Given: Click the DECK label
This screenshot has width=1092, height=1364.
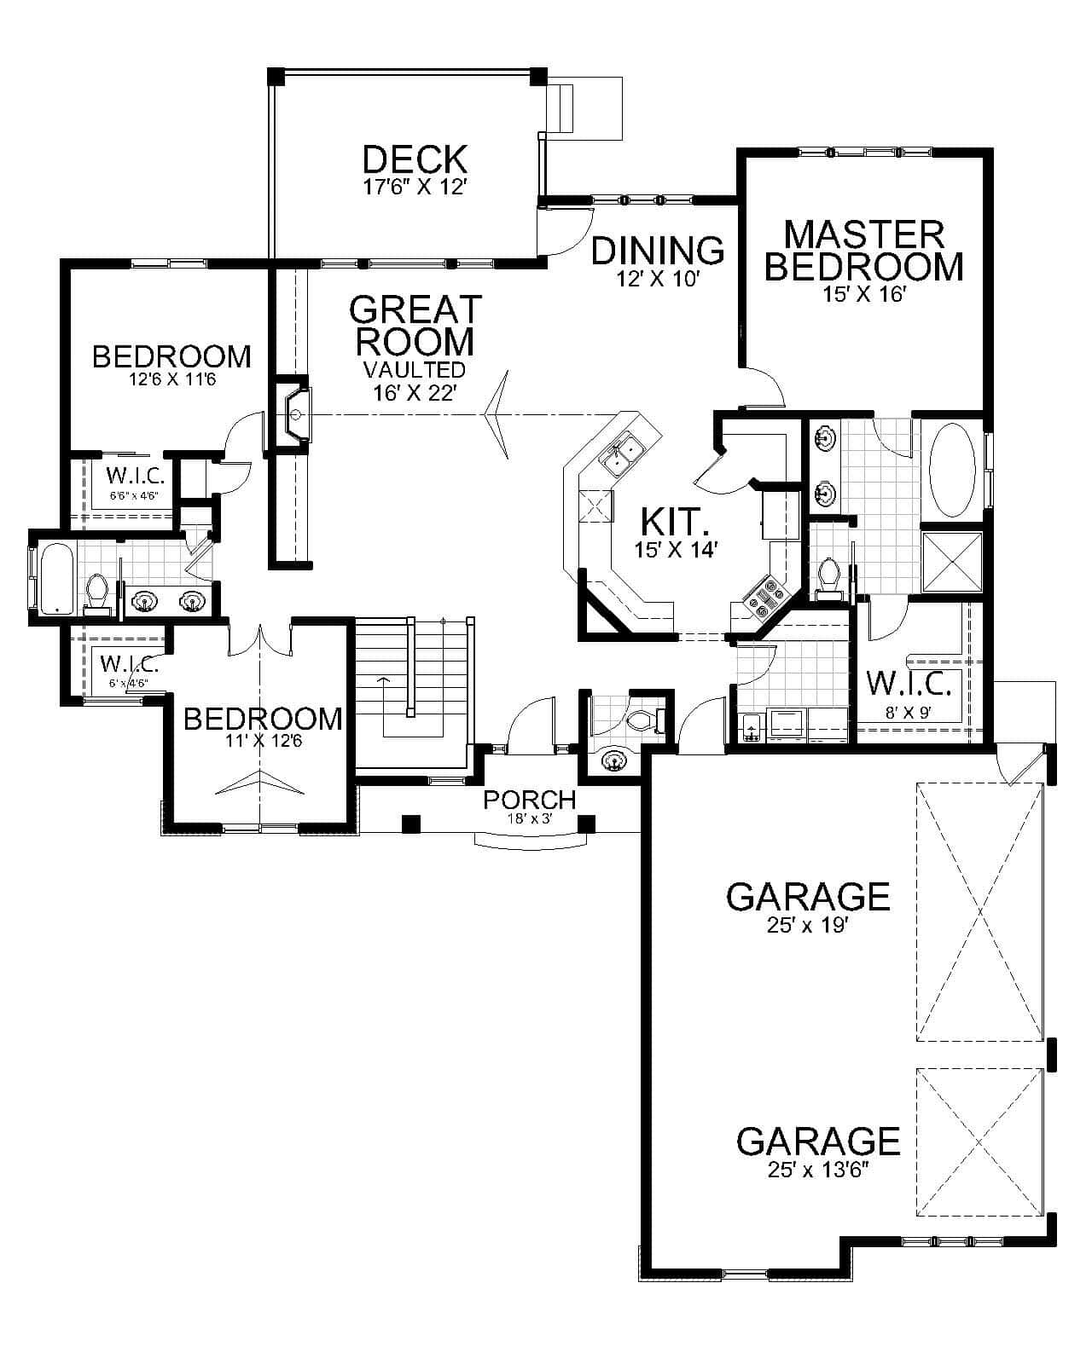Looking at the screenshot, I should pos(415,159).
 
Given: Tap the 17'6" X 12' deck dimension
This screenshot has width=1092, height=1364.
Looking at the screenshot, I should pos(415,187).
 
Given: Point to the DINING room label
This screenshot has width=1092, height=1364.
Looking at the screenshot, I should pos(658,251).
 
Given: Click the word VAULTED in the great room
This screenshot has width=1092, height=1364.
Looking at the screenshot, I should pos(415,370).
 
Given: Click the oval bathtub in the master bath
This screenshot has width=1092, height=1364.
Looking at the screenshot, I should pos(951,470).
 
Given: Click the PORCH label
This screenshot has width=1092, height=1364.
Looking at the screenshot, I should pos(529,800).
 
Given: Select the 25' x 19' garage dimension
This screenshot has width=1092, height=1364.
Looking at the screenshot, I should pos(807,924).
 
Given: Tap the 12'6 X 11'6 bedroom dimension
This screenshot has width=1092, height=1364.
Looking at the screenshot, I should pos(171,380).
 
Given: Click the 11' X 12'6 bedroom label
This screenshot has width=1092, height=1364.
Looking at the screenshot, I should pos(263,719).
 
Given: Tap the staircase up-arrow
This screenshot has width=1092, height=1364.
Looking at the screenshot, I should pos(384,682).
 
